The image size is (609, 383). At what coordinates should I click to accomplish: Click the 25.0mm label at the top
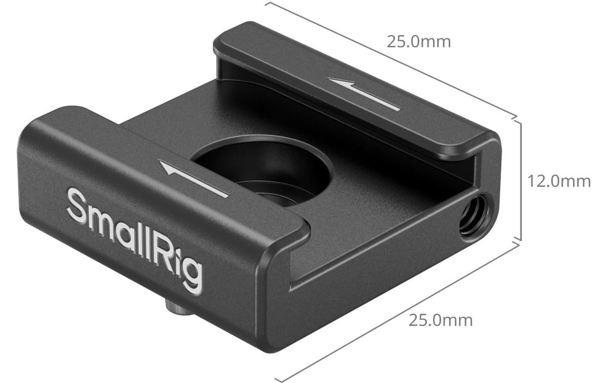click(x=418, y=41)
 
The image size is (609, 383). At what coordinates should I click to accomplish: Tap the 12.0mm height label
click(x=559, y=181)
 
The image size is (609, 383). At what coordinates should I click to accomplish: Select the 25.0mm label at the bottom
click(x=441, y=320)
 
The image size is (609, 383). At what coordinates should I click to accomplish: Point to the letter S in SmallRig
click(x=77, y=206)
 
